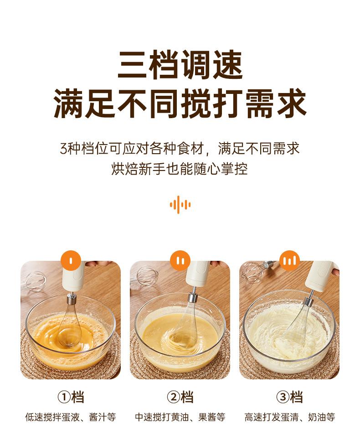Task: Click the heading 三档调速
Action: [x=180, y=65]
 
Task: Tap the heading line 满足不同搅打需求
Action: [x=180, y=103]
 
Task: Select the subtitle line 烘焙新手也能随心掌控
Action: [x=180, y=168]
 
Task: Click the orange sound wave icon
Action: [x=180, y=205]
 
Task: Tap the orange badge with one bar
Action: [x=71, y=260]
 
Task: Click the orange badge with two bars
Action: [x=180, y=260]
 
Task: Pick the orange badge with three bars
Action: [x=289, y=260]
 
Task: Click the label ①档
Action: [x=71, y=397]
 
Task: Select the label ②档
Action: [x=180, y=397]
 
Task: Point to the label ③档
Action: [x=289, y=397]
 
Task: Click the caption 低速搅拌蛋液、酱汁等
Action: [x=71, y=417]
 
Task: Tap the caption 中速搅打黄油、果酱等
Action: [x=180, y=417]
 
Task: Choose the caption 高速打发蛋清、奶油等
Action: [x=289, y=417]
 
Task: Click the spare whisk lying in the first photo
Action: [x=35, y=281]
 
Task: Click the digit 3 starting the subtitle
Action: [x=64, y=149]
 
